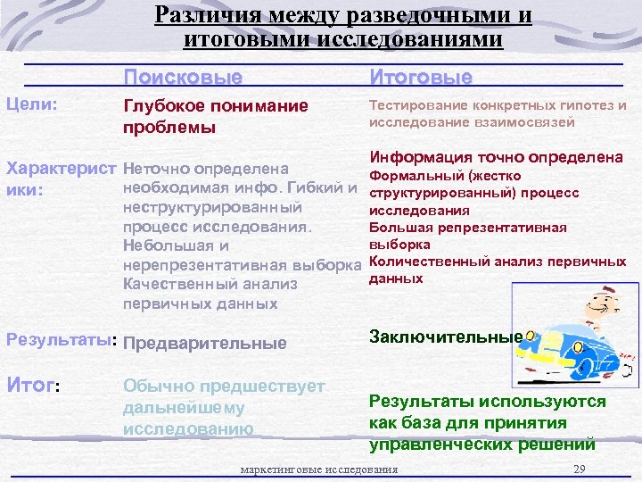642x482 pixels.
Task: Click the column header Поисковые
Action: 183,78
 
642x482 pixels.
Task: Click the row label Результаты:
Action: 62,341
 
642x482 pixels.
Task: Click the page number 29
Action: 580,470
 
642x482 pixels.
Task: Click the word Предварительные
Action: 205,343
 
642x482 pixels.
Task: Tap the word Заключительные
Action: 445,337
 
